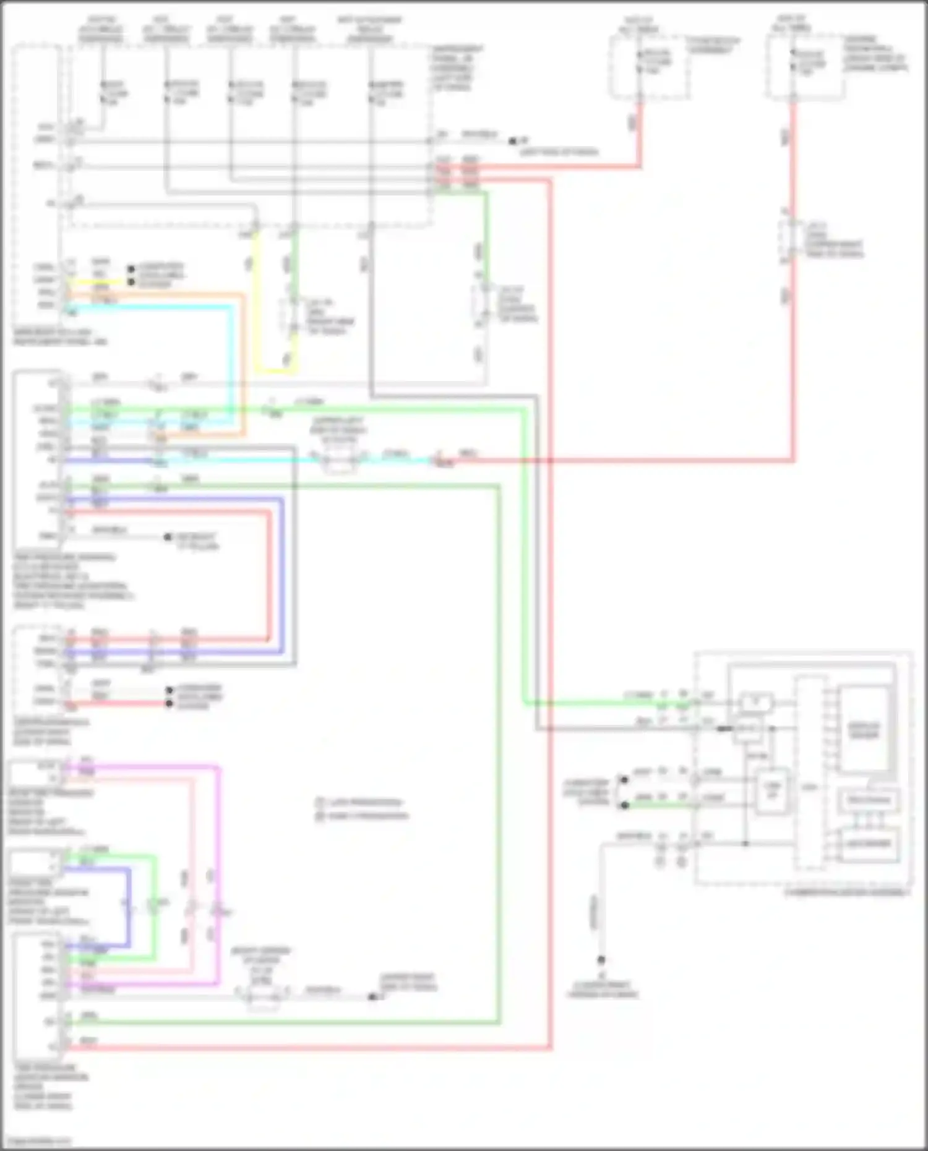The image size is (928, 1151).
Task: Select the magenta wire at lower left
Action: click(x=218, y=866)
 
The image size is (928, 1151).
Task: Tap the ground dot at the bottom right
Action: click(x=601, y=961)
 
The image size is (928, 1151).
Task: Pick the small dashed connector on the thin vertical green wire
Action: click(x=483, y=305)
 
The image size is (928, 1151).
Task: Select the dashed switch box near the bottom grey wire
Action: click(x=262, y=996)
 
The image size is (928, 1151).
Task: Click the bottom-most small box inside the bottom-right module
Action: click(x=868, y=844)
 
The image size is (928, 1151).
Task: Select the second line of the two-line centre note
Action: click(x=362, y=816)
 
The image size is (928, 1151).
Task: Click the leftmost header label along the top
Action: click(x=100, y=29)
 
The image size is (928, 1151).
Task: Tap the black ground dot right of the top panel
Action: click(x=512, y=142)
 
